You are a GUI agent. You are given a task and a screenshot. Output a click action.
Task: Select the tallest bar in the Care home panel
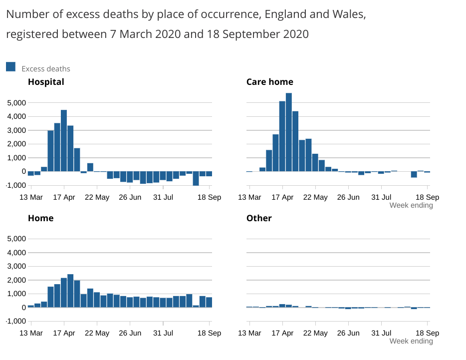tap(289, 132)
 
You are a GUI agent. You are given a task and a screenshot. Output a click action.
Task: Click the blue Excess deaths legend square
tap(11, 67)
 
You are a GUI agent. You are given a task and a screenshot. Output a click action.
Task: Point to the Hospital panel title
tap(46, 82)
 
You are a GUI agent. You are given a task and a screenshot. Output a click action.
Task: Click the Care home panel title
tap(269, 82)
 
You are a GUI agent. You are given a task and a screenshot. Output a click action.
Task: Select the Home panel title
tap(40, 218)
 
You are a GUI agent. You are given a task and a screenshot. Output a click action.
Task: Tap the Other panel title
tap(259, 218)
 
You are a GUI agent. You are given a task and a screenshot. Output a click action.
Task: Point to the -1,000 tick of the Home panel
tap(16, 321)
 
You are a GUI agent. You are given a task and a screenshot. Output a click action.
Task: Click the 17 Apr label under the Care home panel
tap(282, 197)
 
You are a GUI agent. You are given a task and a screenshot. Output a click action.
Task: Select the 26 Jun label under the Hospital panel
tap(130, 197)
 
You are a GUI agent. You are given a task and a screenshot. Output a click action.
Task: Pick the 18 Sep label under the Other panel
tap(427, 333)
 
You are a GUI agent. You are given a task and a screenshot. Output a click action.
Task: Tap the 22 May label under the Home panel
tap(97, 333)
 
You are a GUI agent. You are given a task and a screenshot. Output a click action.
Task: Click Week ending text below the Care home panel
tap(411, 205)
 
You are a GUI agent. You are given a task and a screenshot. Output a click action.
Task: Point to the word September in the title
tap(253, 34)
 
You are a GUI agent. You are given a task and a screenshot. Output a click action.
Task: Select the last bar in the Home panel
tap(209, 302)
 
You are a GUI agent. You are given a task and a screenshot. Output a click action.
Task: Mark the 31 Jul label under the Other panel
tap(382, 333)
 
